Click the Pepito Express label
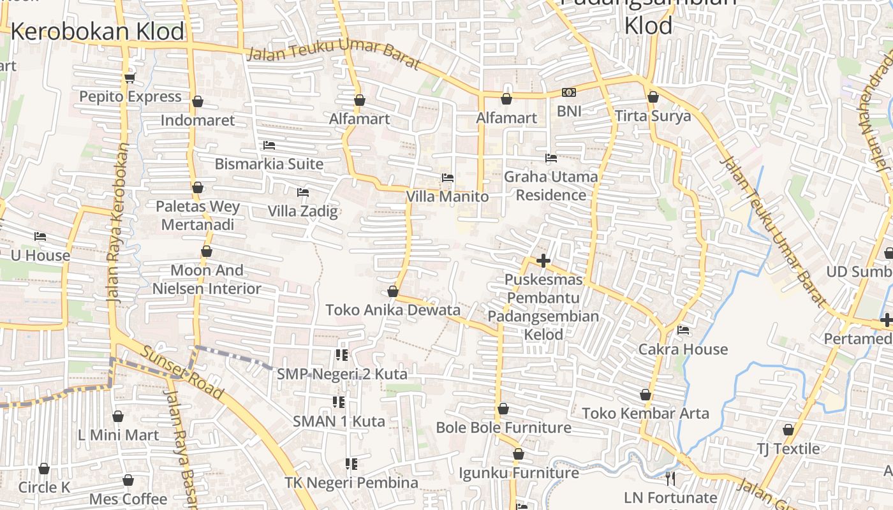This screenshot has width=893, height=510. [130, 97]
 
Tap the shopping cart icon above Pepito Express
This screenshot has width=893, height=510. [130, 78]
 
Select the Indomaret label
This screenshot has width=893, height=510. [198, 120]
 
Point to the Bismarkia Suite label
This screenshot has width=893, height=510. [269, 164]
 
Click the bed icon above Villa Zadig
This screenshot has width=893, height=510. [303, 193]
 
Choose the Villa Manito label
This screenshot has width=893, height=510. [447, 196]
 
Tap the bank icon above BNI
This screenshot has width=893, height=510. [568, 93]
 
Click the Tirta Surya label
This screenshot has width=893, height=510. [653, 116]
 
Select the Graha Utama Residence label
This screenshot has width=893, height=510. [551, 186]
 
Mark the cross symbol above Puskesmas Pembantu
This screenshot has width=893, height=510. [543, 261]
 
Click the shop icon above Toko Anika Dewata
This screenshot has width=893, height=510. [393, 292]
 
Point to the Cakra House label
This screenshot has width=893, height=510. [683, 349]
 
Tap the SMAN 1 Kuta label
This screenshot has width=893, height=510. [339, 421]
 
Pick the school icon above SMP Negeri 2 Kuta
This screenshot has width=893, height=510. [342, 355]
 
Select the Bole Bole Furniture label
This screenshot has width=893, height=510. [503, 428]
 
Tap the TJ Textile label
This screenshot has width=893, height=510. [788, 449]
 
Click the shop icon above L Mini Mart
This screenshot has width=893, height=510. [118, 417]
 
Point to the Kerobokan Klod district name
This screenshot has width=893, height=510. [97, 31]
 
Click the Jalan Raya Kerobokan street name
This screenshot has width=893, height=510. [117, 223]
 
